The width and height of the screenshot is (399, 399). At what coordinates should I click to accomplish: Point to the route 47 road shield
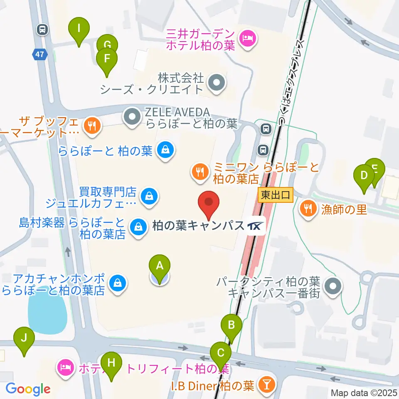pyautogui.click(x=42, y=54)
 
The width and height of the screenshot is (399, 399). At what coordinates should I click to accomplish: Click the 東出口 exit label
pyautogui.click(x=276, y=194)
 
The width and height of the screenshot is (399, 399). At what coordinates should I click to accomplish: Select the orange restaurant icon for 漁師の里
pyautogui.click(x=308, y=209)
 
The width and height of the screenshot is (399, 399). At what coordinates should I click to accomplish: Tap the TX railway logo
pyautogui.click(x=256, y=226)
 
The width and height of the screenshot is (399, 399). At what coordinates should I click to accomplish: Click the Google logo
pyautogui.click(x=28, y=389)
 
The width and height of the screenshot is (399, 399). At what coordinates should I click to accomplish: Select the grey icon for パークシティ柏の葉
pyautogui.click(x=332, y=286)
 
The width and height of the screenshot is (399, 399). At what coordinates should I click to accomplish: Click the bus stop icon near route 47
pyautogui.click(x=42, y=30)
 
